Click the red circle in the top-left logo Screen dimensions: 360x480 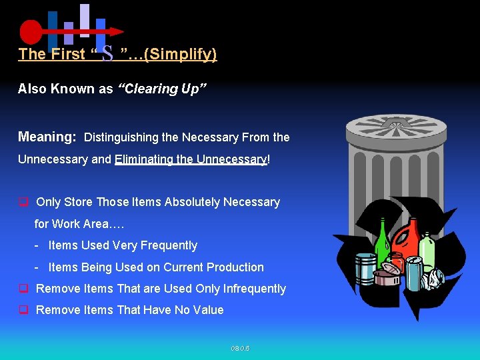pos(31,31)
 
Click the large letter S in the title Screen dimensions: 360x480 pos(107,54)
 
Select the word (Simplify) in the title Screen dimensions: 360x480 pos(180,54)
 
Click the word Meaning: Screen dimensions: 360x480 pos(47,137)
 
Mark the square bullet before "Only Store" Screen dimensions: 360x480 pos(23,201)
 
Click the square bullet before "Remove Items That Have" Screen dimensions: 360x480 pos(23,309)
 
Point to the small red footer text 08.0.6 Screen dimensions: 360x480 pos(240,348)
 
